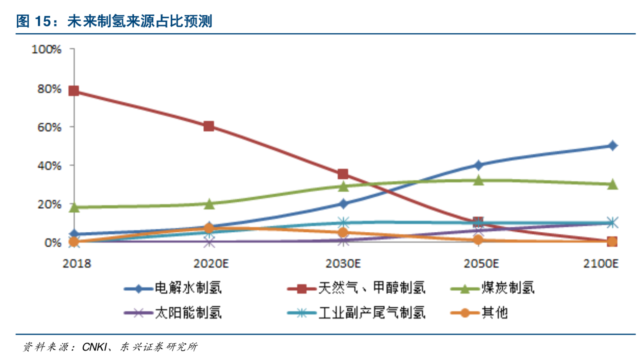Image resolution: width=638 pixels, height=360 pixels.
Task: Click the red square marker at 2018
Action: (74, 91)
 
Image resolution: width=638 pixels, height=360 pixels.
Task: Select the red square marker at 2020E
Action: (208, 126)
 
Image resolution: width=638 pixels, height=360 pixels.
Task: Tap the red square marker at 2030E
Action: (343, 174)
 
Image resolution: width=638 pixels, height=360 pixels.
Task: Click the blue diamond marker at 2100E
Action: (612, 146)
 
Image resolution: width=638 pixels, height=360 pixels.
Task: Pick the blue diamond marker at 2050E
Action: (478, 165)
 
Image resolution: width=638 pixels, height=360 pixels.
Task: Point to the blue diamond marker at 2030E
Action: (343, 204)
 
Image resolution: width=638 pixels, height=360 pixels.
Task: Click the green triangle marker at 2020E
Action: (209, 204)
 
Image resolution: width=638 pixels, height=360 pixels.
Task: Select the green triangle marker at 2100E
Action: (612, 184)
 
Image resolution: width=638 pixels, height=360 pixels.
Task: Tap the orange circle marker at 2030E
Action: (343, 233)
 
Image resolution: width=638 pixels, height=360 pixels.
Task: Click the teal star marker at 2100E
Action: (612, 223)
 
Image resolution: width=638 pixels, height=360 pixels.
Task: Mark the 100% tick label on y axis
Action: (46, 50)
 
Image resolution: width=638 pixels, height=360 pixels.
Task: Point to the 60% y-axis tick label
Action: (49, 128)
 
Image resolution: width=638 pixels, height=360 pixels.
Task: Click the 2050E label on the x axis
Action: (481, 264)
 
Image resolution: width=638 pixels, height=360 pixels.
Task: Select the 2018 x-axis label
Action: (77, 264)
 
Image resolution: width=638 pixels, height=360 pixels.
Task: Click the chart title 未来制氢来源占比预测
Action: (140, 21)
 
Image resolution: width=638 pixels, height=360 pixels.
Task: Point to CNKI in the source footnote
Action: (95, 347)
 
